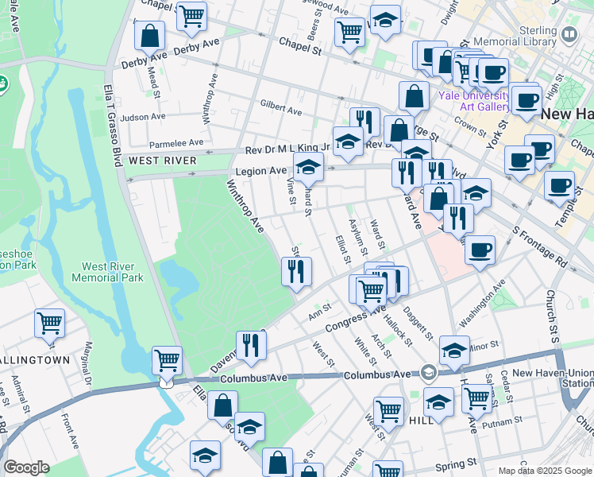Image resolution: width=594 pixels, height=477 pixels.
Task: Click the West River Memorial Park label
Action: (x=107, y=272)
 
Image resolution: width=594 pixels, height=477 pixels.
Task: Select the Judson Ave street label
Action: (x=143, y=117)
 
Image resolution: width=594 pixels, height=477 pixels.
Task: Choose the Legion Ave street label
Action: (x=260, y=171)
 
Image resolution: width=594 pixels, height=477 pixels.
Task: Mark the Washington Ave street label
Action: (x=482, y=304)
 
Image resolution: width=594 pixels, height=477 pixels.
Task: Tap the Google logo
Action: (x=27, y=467)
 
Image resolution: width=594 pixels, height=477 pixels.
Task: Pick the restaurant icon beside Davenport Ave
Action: (x=250, y=344)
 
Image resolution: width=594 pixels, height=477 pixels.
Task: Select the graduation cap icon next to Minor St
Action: (x=454, y=348)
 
